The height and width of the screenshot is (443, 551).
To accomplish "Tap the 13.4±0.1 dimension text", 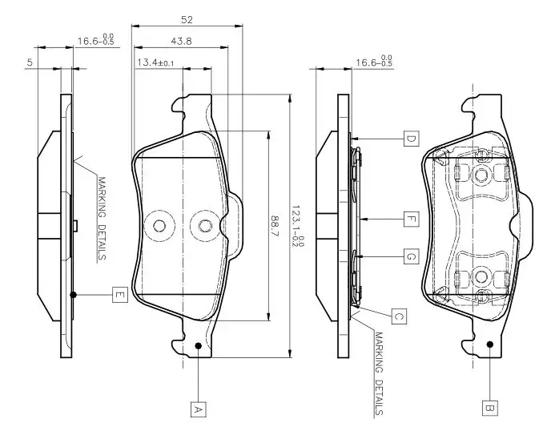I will click(x=155, y=62).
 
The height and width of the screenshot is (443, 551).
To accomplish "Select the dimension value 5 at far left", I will click(x=29, y=62).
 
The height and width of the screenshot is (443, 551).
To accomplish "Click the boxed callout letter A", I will click(x=198, y=409).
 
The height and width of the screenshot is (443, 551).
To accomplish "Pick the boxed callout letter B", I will click(x=489, y=409).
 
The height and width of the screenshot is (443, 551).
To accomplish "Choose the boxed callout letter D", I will click(x=409, y=139).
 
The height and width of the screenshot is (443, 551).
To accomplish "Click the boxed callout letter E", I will click(x=119, y=295).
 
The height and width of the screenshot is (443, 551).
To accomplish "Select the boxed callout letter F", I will click(x=409, y=218).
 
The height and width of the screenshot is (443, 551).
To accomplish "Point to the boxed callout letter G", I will click(x=409, y=256).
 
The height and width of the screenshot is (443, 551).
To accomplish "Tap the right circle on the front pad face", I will click(x=205, y=226).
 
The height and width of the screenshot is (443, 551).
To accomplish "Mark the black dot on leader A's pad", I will click(x=198, y=346).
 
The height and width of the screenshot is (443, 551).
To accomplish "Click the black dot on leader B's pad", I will click(x=489, y=345).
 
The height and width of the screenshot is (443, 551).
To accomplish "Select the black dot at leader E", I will click(x=74, y=295).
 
